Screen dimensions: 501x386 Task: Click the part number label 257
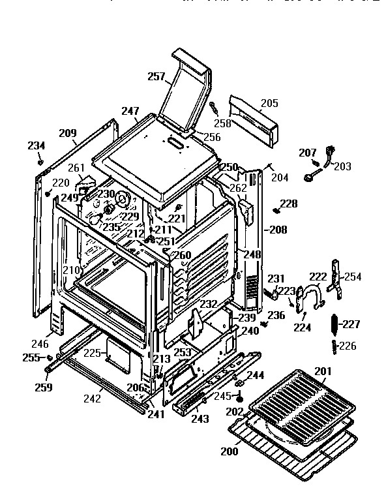156,77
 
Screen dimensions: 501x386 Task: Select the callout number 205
269,103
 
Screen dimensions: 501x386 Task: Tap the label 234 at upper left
37,145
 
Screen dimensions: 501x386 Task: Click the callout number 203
342,166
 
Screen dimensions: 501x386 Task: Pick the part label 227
351,324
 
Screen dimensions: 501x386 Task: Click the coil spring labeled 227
336,325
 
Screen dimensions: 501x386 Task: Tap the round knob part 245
240,396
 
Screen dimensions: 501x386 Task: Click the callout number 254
353,277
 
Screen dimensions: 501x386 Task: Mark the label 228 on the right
288,204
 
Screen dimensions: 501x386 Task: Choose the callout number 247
130,112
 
